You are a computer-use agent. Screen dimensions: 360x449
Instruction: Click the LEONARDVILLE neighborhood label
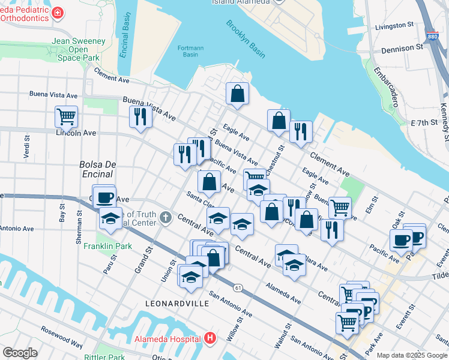pos(177,304)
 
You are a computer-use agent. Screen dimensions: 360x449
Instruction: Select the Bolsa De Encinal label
pos(95,169)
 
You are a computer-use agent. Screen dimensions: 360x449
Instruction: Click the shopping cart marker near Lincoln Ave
pos(66,116)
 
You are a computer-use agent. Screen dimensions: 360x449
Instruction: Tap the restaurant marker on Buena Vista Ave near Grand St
pos(140,116)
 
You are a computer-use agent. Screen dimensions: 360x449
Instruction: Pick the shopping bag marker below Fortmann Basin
pos(237,94)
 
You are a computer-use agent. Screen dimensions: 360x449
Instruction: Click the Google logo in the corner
pos(19,353)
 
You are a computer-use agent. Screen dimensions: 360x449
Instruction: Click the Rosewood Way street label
pos(62,337)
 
